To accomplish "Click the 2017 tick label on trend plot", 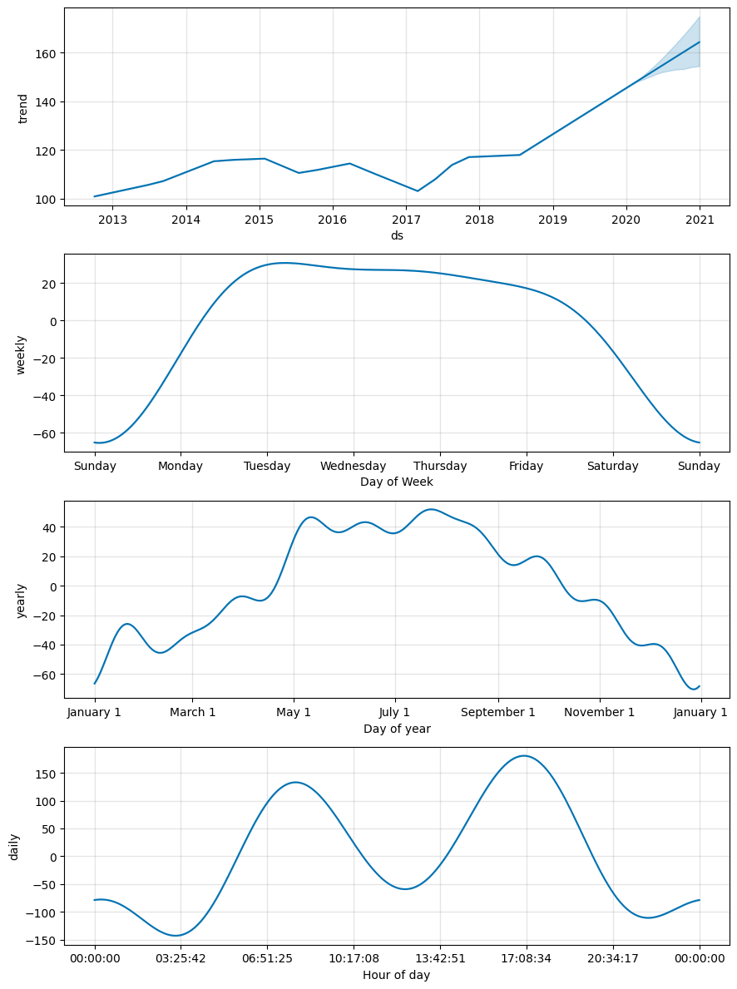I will tap(406, 220).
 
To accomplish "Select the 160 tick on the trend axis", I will tap(45, 53).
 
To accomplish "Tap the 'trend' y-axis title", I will tap(22, 108).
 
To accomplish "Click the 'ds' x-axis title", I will tap(397, 235).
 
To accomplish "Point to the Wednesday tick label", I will tap(354, 466).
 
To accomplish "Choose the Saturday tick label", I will tap(612, 466).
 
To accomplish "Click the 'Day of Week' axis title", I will tap(397, 482).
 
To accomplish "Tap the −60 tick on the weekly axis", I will tap(43, 433).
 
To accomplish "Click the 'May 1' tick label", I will tap(294, 712).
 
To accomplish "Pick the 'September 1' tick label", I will tap(498, 712).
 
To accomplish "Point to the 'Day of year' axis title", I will tap(397, 729).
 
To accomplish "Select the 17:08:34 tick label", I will tap(527, 958).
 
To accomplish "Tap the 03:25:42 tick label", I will tap(181, 958).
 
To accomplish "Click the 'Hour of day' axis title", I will tap(397, 975).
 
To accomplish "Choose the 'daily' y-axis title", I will tap(14, 846).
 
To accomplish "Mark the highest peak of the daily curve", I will tap(524, 755).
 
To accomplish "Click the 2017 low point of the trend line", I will tap(418, 191).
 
